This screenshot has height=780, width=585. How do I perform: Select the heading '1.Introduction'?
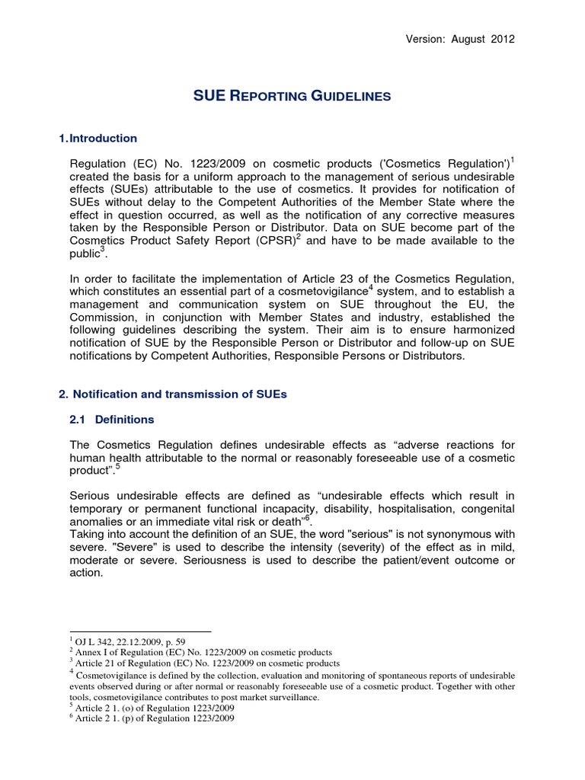pos(98,139)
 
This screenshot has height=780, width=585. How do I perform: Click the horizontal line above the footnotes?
pos(140,631)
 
